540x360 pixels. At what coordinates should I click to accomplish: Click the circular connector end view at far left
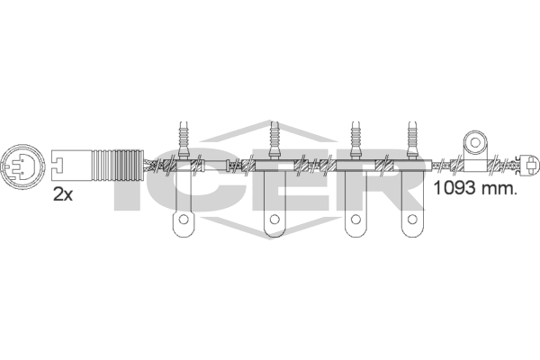point(23,166)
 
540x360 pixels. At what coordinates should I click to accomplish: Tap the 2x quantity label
point(63,195)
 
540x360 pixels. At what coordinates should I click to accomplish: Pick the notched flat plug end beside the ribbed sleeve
point(72,165)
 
